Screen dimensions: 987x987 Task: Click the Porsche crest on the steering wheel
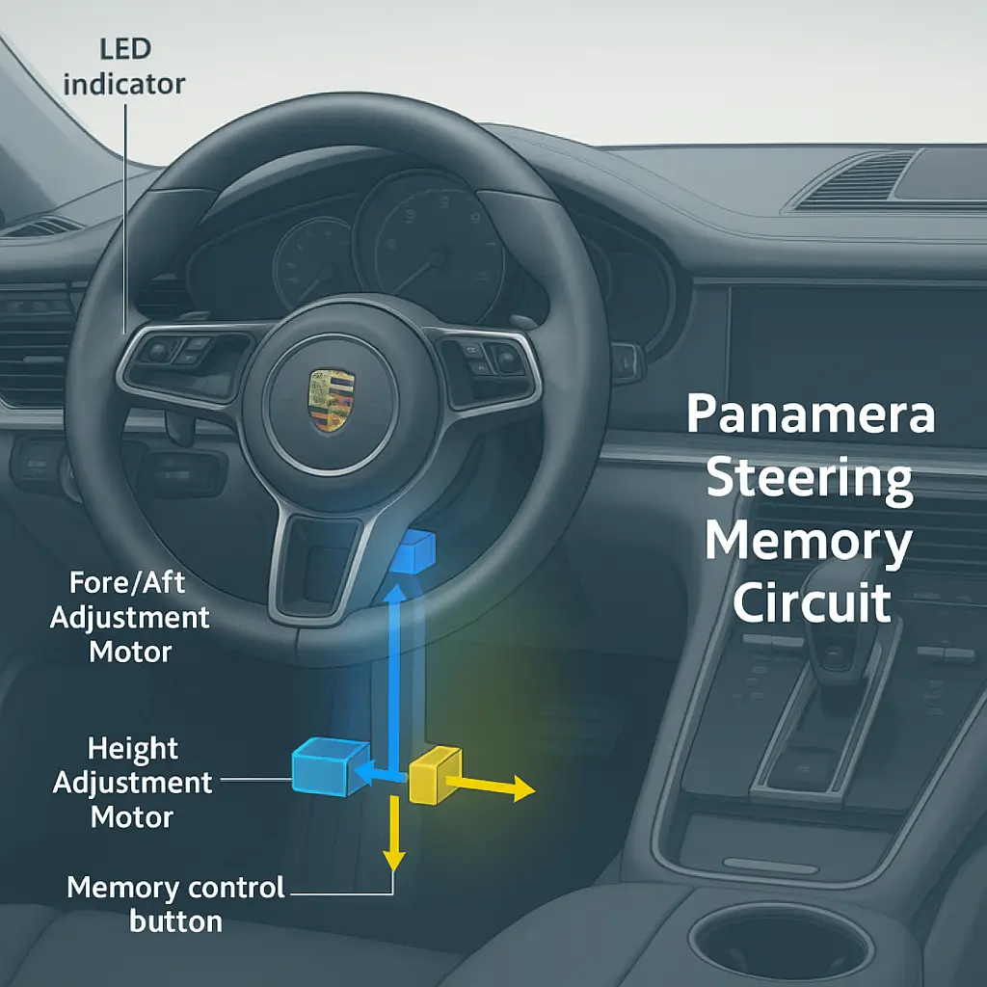(x=332, y=400)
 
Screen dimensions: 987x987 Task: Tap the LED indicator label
(x=124, y=67)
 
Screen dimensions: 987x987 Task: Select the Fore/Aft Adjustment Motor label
(x=129, y=618)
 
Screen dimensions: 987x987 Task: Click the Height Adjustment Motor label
(x=132, y=783)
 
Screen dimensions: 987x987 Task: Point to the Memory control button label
(x=175, y=904)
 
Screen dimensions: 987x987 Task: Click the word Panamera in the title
(x=811, y=413)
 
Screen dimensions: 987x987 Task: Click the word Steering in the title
(x=810, y=479)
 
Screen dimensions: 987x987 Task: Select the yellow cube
(x=435, y=775)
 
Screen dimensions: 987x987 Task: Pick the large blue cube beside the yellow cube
(x=330, y=766)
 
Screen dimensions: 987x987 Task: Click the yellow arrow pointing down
(x=394, y=834)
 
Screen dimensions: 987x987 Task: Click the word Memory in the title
(x=809, y=543)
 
